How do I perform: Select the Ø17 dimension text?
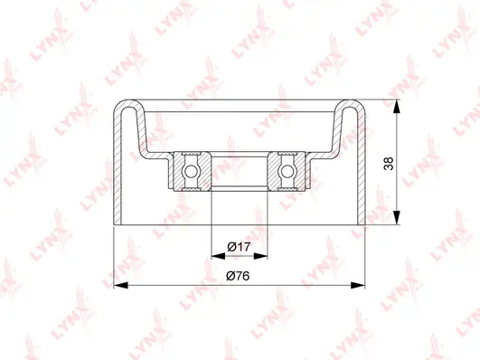tap(239, 246)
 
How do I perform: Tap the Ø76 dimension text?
tap(239, 275)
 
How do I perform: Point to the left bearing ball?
tap(191, 169)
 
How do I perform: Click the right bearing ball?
tap(287, 169)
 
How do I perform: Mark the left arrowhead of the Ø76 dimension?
tap(117, 285)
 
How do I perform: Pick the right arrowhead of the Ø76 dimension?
tap(362, 285)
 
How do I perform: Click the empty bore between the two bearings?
tap(239, 169)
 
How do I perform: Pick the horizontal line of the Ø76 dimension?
tap(181, 285)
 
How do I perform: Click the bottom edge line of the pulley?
tap(239, 223)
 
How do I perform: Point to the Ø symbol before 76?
tap(230, 275)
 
